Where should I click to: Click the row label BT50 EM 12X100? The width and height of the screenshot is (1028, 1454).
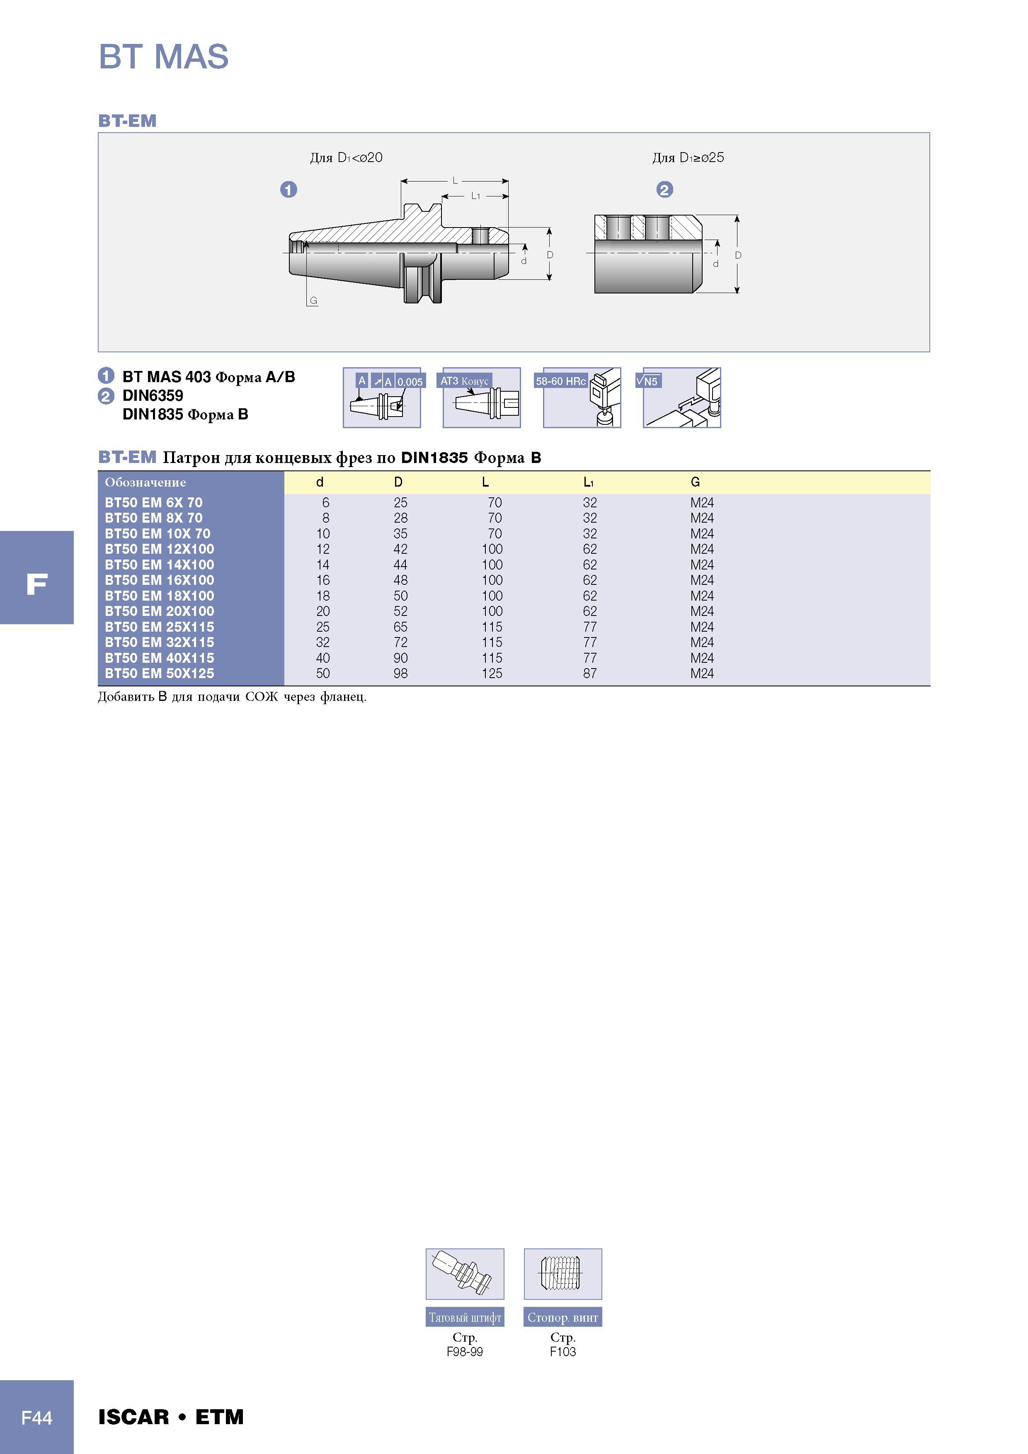(x=159, y=549)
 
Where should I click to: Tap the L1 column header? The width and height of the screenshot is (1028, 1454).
(x=589, y=482)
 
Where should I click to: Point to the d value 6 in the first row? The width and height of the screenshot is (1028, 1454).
(x=325, y=502)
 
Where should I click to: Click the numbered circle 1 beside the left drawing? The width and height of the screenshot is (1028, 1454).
(x=289, y=189)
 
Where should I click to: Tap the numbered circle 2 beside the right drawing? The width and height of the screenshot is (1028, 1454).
(x=664, y=189)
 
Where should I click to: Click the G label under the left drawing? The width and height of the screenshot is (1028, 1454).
(x=313, y=301)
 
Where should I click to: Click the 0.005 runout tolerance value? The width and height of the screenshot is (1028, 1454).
(x=410, y=382)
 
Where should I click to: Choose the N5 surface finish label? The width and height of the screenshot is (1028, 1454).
(x=649, y=381)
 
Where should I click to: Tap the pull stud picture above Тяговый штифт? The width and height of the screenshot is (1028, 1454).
(x=465, y=1274)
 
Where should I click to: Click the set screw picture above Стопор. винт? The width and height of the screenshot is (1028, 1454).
(x=562, y=1274)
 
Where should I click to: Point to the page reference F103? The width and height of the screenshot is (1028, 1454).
(x=562, y=1351)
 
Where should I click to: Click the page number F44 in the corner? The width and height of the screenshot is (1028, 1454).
(x=37, y=1417)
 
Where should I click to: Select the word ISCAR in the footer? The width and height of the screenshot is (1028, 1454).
(x=133, y=1417)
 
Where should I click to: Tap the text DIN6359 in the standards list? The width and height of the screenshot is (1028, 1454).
(x=153, y=396)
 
